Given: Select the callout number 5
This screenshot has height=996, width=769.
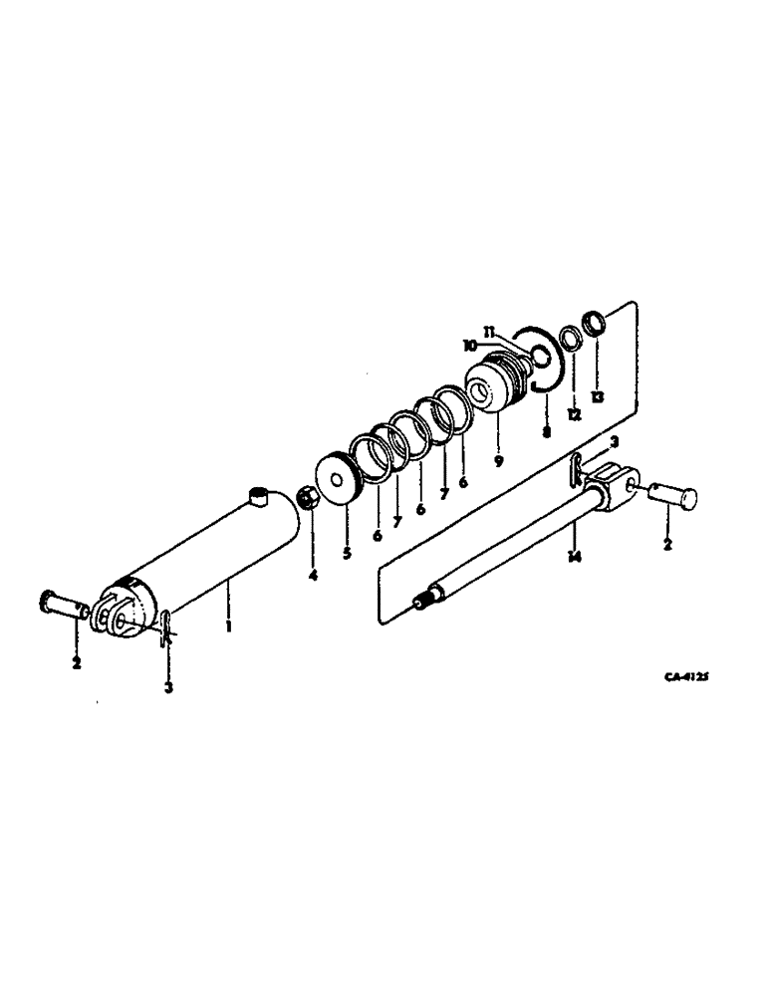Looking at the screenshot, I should tap(347, 553).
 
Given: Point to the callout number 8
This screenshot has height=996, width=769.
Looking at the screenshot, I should tap(546, 431).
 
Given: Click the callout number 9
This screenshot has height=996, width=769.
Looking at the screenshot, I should tap(498, 461).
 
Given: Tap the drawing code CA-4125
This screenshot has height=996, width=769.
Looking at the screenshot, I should tap(686, 676).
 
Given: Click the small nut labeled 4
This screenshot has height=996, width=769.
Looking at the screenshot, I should tap(309, 499).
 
